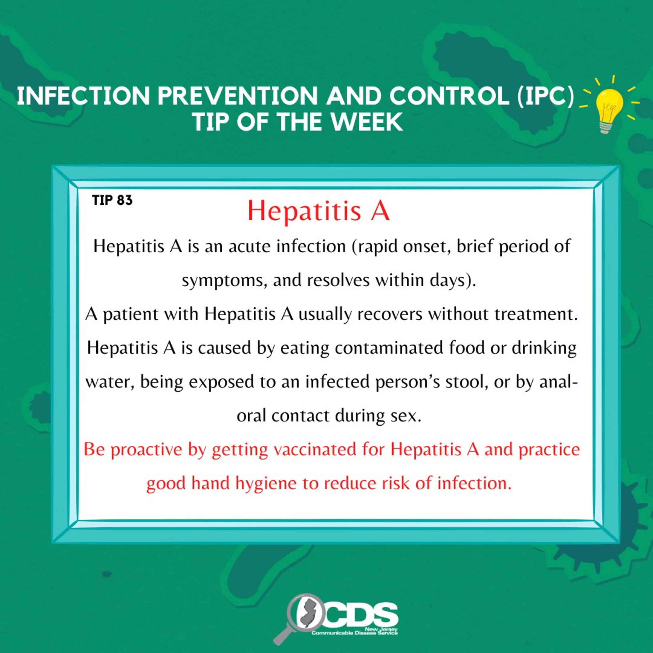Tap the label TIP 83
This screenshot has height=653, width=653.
[x=112, y=201]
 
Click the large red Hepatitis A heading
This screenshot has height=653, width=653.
[x=319, y=211]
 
